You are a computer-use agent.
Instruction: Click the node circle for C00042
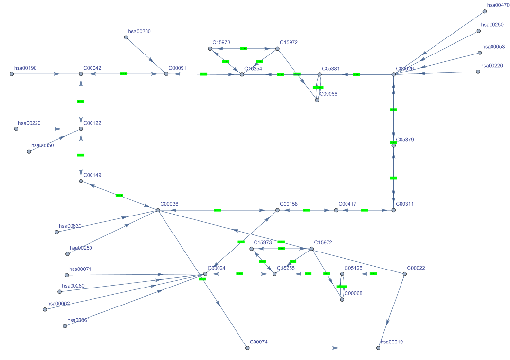pos(81,74)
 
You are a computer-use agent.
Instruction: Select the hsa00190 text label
pos(25,68)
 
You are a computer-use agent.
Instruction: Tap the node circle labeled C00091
pos(166,74)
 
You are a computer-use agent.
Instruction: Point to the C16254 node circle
pos(242,74)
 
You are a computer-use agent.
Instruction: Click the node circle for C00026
pos(394,74)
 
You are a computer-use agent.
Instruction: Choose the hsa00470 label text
pos(498,5)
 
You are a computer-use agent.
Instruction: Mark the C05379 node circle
pos(394,145)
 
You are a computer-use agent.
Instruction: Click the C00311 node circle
pos(394,210)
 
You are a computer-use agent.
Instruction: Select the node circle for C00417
pos(336,210)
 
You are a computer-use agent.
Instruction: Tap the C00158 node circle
pos(277,210)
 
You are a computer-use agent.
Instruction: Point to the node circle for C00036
pos(158,210)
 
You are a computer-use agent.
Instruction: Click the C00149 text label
pos(92,175)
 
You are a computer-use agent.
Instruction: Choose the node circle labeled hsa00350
pos(29,152)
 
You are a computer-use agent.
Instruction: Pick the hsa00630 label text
pos(70,226)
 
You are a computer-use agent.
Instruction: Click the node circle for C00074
pos(247,348)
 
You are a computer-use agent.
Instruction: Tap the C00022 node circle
pos(405,274)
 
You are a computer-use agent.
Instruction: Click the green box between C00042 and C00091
pos(123,74)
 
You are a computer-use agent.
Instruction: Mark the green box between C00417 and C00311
pos(364,210)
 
